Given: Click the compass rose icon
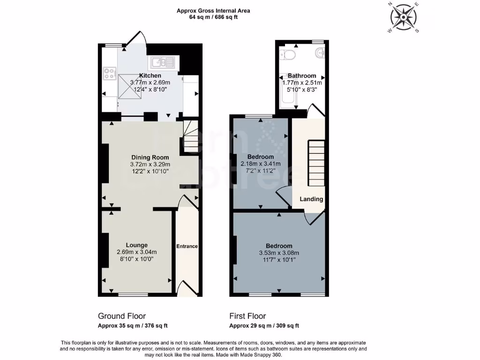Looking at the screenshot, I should click(x=403, y=18).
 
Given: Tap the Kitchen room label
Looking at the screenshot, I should click(x=150, y=75).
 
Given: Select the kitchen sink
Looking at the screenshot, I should click(x=161, y=62).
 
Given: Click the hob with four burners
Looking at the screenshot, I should click(x=110, y=73).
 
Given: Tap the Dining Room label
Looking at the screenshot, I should click(x=150, y=157).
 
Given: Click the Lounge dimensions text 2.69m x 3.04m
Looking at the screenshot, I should click(x=136, y=252).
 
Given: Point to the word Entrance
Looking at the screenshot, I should click(x=187, y=247).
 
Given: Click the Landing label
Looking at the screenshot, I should click(x=312, y=199).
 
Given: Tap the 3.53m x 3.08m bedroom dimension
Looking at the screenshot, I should click(x=279, y=253).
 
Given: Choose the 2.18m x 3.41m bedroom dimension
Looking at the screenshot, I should click(x=261, y=164).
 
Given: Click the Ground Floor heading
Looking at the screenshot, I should click(x=122, y=316).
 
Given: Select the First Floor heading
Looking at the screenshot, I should click(x=247, y=316).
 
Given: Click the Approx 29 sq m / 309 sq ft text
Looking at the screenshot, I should click(x=264, y=326).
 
